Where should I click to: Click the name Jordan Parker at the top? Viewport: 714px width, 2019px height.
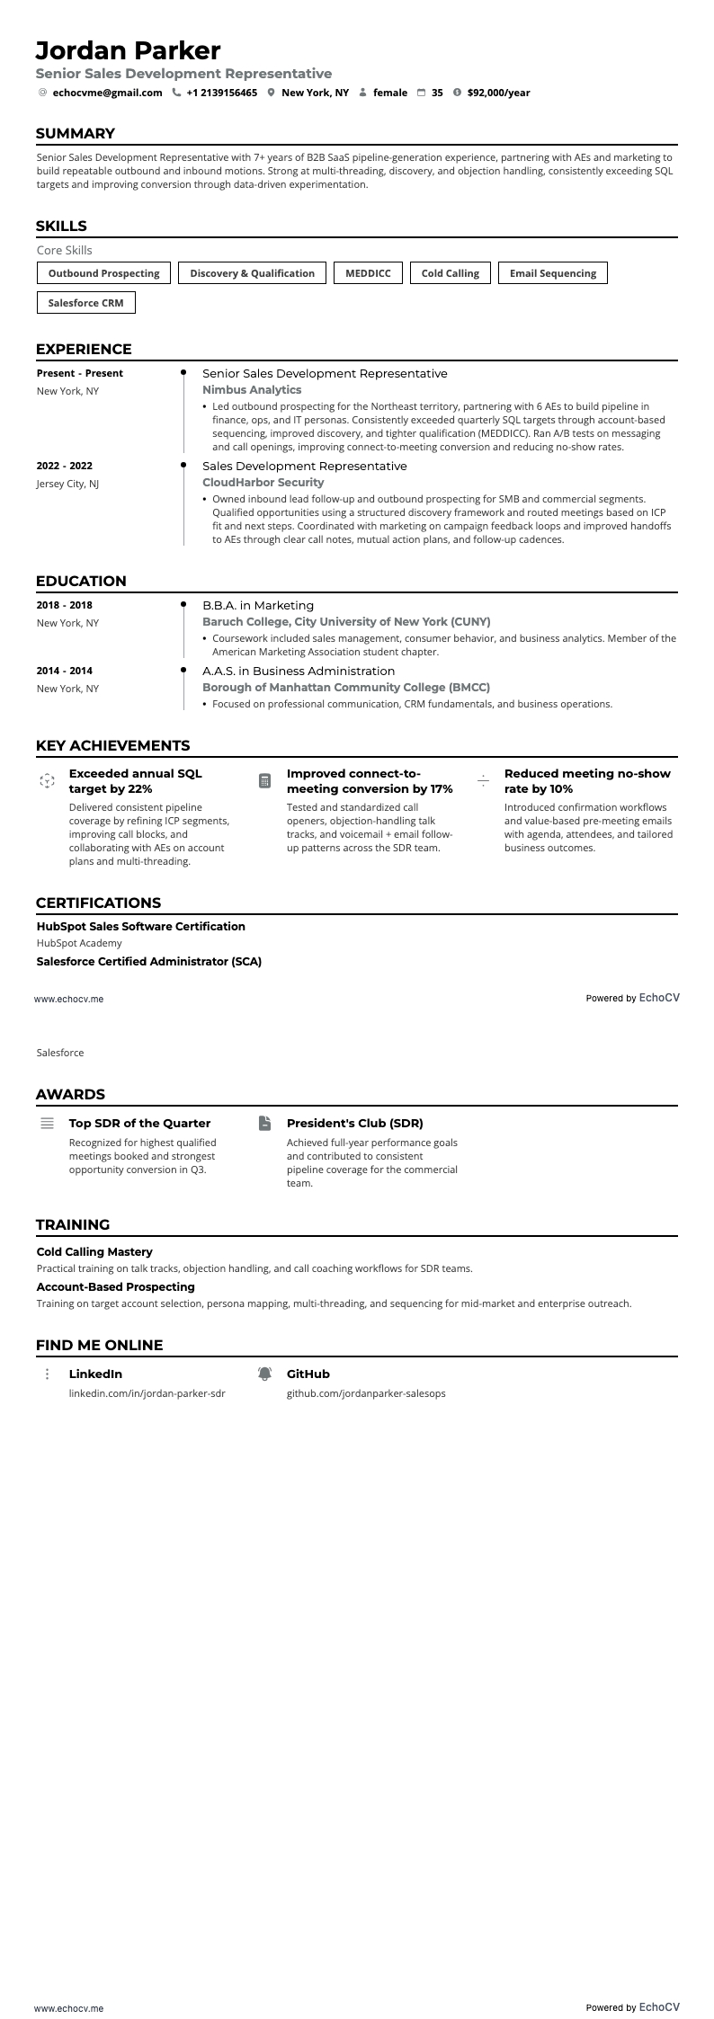(128, 49)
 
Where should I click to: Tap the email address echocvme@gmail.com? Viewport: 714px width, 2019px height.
(107, 93)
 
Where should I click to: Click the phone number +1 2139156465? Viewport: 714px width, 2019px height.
(221, 93)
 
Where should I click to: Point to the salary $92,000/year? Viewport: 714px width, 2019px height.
(498, 93)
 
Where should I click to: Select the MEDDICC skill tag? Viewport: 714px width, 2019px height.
(368, 273)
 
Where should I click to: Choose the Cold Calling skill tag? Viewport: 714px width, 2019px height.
(450, 273)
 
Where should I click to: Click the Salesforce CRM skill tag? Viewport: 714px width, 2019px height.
(85, 303)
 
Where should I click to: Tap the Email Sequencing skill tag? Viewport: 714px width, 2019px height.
(552, 273)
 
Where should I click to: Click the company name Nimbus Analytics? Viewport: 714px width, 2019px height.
(252, 390)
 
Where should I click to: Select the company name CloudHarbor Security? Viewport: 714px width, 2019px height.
(263, 483)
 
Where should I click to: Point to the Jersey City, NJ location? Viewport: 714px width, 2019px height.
(67, 484)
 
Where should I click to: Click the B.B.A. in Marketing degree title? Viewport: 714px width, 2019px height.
(258, 605)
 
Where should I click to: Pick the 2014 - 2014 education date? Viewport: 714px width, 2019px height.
(64, 671)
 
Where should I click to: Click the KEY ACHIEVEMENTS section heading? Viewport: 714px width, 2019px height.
(112, 745)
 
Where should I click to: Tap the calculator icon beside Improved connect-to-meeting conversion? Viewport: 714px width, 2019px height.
(264, 780)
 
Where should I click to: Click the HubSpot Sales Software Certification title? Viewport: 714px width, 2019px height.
(140, 926)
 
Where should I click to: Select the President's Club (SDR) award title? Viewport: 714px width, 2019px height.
(354, 1123)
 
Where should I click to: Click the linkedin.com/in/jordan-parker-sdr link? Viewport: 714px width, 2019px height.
(147, 1393)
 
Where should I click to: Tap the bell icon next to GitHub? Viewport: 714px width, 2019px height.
(264, 1374)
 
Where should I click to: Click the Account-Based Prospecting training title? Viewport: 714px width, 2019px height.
(115, 1286)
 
